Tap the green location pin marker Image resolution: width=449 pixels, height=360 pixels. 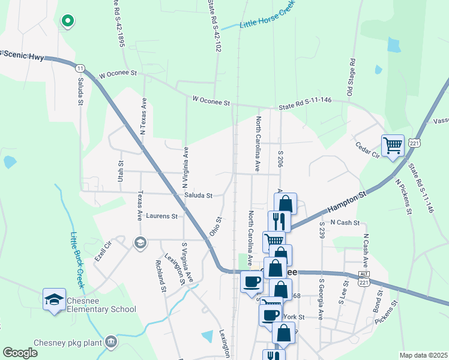click(x=68, y=21)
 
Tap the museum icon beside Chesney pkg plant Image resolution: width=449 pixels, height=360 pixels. click(x=110, y=341)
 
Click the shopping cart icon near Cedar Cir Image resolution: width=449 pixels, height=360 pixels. click(x=393, y=145)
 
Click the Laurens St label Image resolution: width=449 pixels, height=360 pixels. click(x=162, y=216)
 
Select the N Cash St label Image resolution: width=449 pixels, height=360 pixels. click(x=345, y=223)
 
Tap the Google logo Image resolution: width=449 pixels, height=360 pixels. click(x=20, y=352)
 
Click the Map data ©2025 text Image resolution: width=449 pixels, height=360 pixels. click(x=423, y=355)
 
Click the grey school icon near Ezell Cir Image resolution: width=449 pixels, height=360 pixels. click(x=140, y=242)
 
